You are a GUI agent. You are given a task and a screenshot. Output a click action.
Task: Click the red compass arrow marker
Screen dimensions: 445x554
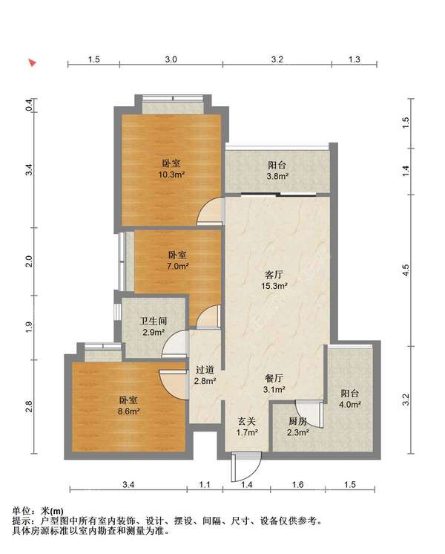coord(33,63)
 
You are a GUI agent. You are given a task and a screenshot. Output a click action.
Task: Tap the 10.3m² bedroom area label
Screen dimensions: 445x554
coord(171,175)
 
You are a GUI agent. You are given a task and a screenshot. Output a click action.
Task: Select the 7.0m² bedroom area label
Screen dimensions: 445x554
coord(177,266)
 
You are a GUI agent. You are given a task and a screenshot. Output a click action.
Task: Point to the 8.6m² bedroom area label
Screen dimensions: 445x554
coord(128,411)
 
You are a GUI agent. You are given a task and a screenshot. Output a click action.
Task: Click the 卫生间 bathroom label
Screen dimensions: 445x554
coord(154,321)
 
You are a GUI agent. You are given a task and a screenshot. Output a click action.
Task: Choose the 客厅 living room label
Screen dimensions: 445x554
coord(274,275)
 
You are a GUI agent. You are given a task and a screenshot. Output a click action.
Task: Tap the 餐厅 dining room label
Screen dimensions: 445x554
coord(274,379)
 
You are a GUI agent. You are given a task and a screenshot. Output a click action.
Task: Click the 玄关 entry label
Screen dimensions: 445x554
coord(246,421)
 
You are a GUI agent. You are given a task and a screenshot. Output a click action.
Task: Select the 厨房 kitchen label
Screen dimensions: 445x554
coord(297,421)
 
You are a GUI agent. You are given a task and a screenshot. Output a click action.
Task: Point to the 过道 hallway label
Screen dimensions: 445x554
coord(205,370)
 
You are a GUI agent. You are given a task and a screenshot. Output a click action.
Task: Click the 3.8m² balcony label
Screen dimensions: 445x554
coord(277,175)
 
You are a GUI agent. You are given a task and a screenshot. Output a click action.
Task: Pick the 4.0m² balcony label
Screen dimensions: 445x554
coord(350,404)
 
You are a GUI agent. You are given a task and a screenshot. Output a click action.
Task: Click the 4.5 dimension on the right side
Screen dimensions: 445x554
coord(406,270)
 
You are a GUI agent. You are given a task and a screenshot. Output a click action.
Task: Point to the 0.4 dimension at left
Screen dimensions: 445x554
coord(29,105)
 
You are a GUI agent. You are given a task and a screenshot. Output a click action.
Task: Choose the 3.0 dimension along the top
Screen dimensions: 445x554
coord(171,59)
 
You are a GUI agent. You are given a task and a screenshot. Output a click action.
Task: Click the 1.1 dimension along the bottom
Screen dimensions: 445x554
coord(205,484)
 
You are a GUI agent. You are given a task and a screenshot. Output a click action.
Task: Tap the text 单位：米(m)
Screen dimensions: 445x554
coord(38,511)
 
